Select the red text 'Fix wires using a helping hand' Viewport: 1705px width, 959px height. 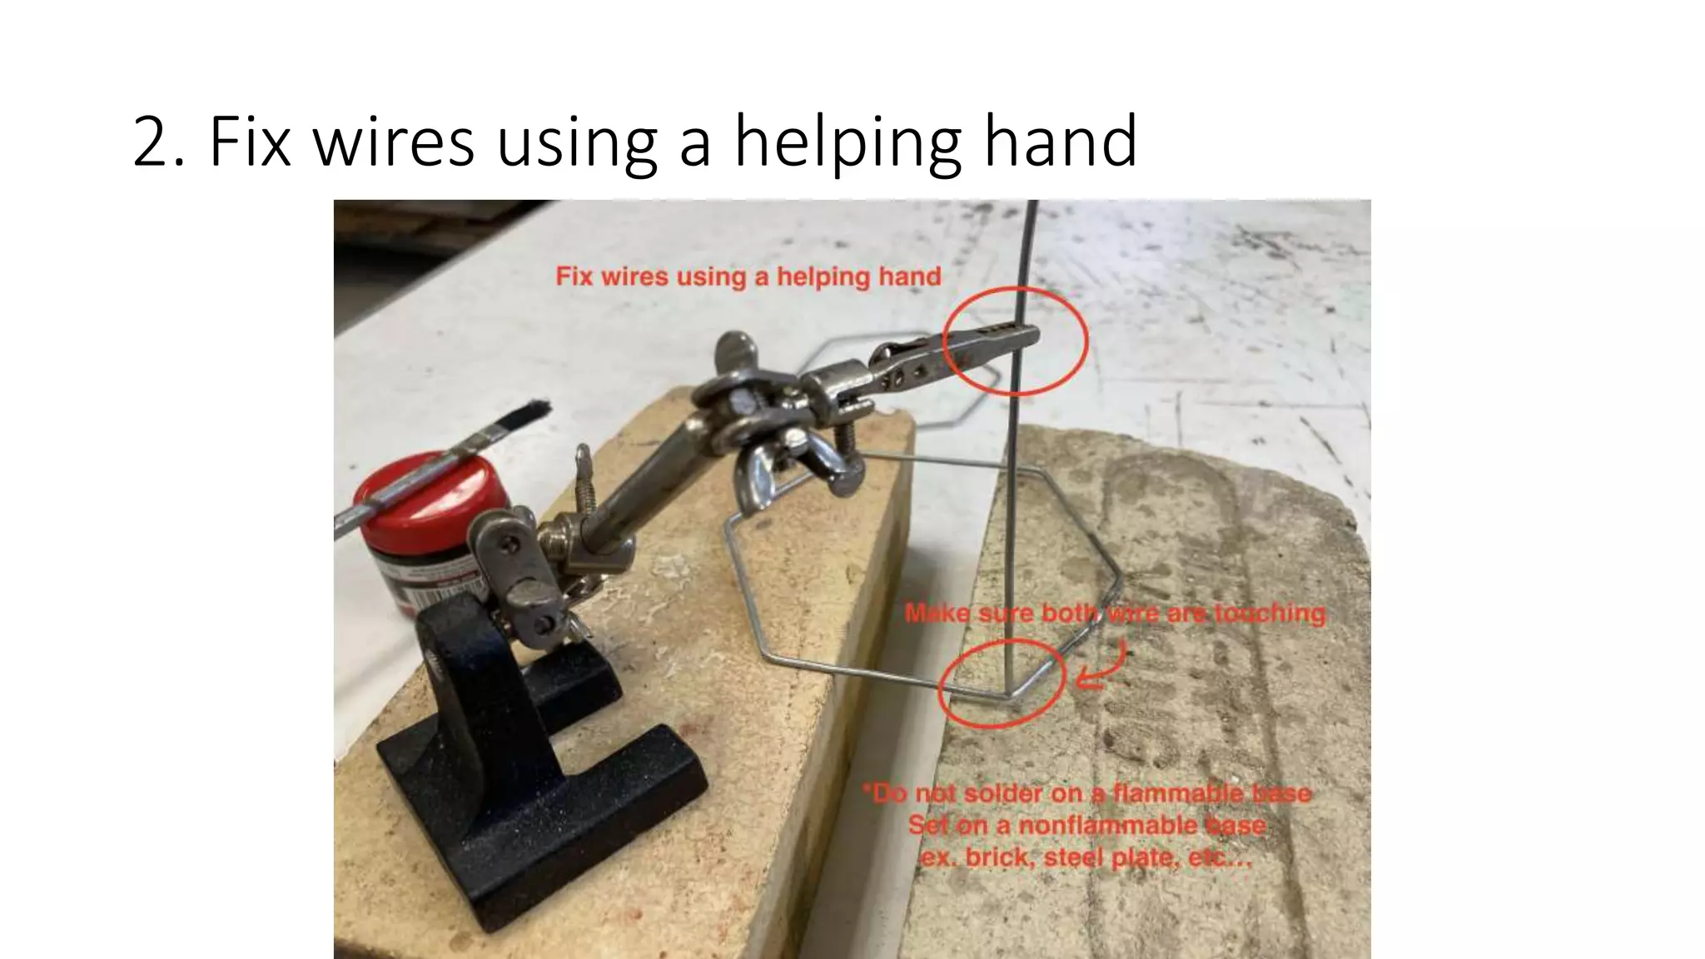coord(748,276)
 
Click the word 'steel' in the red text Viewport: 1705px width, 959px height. coord(1074,857)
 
